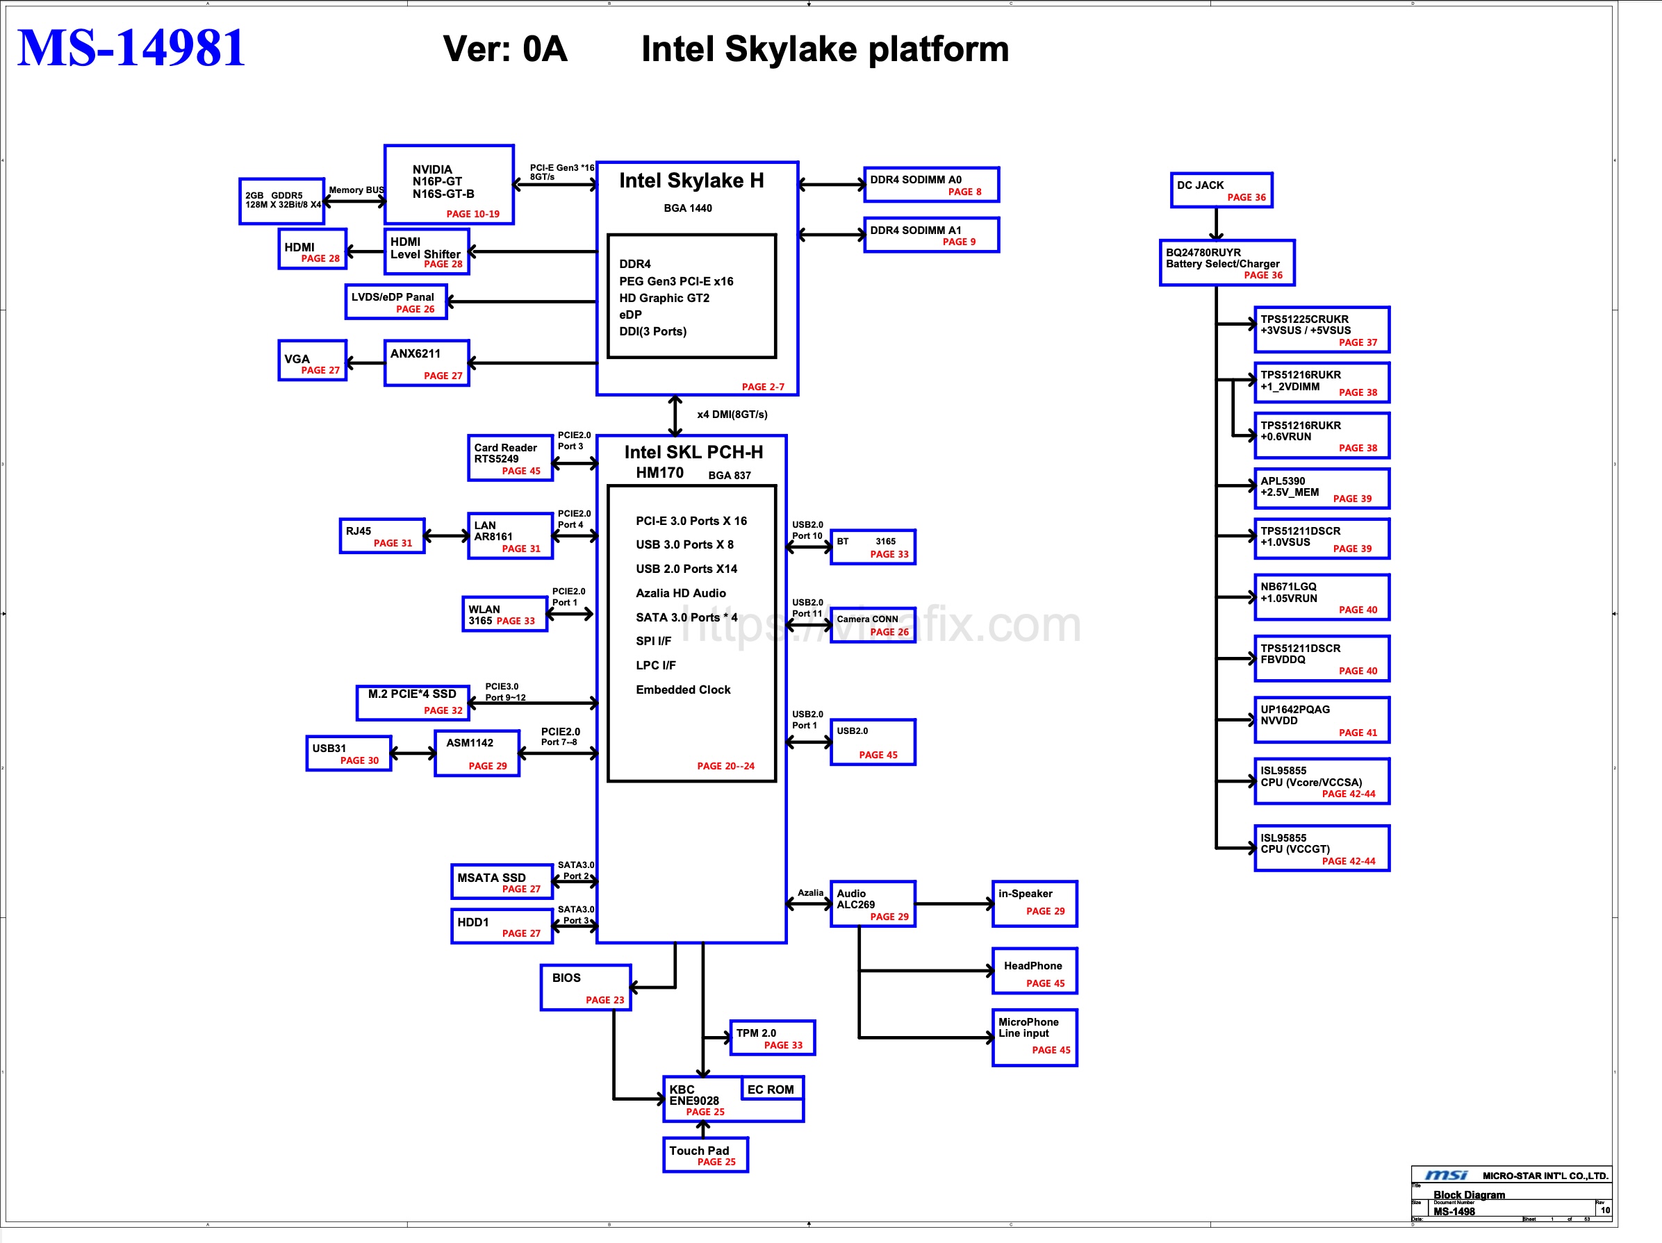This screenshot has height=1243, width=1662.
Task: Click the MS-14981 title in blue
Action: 131,48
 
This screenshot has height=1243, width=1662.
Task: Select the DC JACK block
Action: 1220,190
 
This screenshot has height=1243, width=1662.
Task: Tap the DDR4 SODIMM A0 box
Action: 931,185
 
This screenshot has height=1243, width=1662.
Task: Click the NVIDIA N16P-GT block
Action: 449,185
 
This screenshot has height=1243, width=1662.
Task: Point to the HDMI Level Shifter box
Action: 426,252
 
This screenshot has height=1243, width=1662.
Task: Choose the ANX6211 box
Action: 426,363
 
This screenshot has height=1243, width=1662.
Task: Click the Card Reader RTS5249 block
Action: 509,458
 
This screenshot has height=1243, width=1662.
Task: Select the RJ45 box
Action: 381,536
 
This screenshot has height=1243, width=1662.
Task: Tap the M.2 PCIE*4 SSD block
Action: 413,702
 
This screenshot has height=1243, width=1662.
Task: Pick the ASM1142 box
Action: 477,753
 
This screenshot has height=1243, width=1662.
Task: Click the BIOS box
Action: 585,987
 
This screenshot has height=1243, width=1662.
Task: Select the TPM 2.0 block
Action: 772,1038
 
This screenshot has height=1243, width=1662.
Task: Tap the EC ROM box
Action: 771,1089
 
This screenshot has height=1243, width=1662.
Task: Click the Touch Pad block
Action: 705,1155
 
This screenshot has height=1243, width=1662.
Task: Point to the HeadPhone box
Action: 1034,971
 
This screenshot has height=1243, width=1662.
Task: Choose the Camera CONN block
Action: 872,625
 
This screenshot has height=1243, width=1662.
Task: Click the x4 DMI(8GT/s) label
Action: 732,415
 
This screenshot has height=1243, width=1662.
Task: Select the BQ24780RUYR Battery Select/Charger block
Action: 1226,263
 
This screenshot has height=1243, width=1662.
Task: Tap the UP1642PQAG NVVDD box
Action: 1321,720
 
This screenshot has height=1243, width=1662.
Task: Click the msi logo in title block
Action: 1446,1176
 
